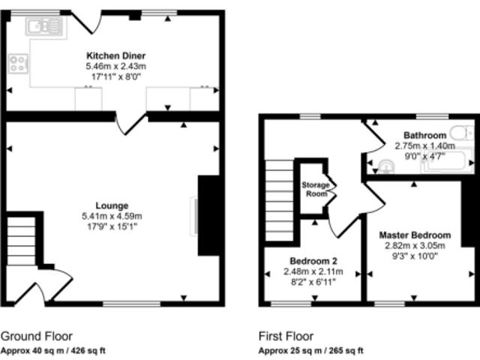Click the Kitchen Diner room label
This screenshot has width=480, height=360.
(116, 55)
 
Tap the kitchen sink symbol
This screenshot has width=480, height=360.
(45, 26)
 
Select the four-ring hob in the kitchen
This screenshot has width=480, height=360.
(18, 64)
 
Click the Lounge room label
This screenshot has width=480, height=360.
(112, 205)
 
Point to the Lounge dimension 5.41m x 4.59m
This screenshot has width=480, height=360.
(112, 217)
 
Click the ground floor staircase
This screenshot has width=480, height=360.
(21, 241)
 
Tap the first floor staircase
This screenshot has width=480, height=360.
(279, 200)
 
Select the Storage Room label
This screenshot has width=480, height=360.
(315, 189)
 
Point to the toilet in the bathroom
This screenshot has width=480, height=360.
(463, 133)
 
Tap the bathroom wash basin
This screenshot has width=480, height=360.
(386, 166)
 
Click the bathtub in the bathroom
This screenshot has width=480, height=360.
(448, 162)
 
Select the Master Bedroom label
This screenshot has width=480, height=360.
(415, 235)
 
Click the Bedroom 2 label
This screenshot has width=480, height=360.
(313, 261)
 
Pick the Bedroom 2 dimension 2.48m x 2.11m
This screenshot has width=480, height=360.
(313, 271)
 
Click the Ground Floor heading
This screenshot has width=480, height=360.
(37, 336)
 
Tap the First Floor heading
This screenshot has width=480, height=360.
(286, 336)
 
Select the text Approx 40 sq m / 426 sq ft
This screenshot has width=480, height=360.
(53, 350)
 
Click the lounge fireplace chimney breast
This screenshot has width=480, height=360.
(209, 215)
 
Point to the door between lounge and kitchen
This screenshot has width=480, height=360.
(130, 124)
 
